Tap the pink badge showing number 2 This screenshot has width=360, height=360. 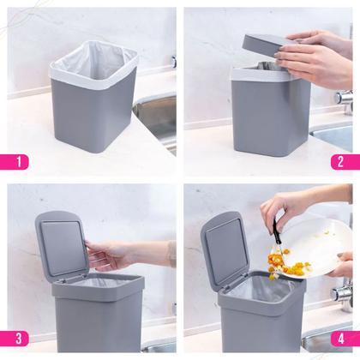click(x=339, y=159)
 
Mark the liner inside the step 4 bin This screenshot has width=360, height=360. click(x=261, y=287)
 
